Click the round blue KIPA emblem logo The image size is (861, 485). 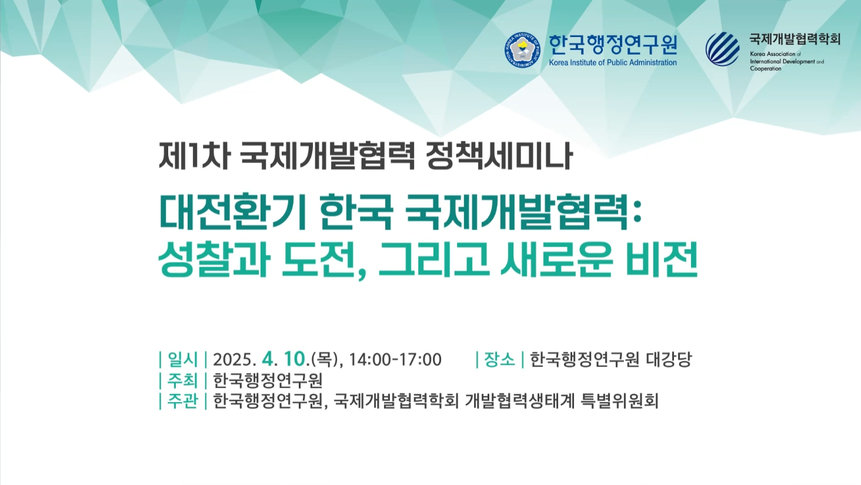522,50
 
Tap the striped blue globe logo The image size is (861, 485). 723,49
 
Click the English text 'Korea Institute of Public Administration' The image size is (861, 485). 613,62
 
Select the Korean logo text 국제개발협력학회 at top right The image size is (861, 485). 795,39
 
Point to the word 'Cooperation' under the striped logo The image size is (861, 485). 766,68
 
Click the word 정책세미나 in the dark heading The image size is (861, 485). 499,156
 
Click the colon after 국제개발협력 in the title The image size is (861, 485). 636,213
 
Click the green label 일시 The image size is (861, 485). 182,360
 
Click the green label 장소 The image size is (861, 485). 499,360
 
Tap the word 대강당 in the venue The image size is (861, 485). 669,360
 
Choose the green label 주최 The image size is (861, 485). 182,380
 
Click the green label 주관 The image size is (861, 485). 182,401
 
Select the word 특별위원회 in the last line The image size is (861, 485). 620,401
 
